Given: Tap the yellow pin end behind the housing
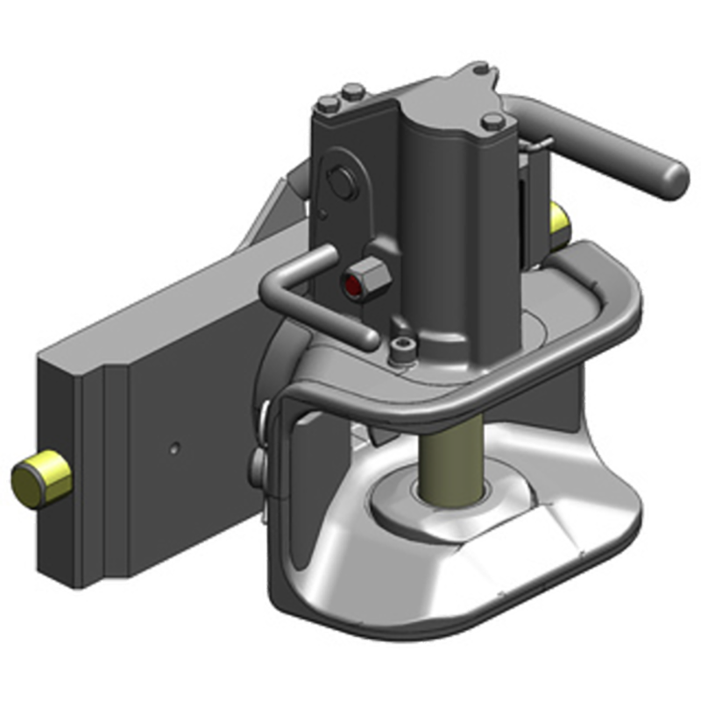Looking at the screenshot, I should point(557,222).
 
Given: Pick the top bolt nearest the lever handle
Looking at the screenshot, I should point(493,121).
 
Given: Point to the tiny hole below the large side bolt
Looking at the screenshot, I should point(323,213).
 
